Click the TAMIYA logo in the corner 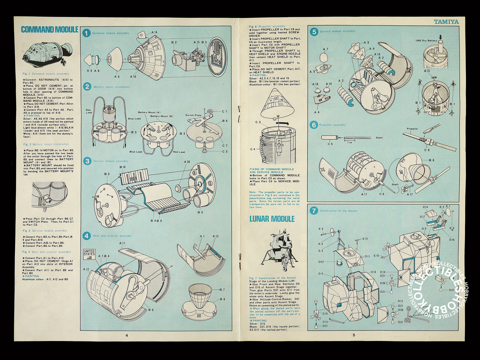(446, 22)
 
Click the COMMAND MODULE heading (49, 30)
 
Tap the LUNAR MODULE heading (272, 219)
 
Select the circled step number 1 (86, 33)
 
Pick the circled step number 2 (87, 87)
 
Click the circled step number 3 (87, 161)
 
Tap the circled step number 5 (314, 32)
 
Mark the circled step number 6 (314, 125)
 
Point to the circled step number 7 (314, 211)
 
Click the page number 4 (127, 335)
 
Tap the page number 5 (354, 335)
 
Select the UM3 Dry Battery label (426, 41)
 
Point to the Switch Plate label (193, 115)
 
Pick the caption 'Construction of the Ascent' (338, 211)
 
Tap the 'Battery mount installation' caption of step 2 (112, 87)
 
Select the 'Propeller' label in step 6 (412, 129)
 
